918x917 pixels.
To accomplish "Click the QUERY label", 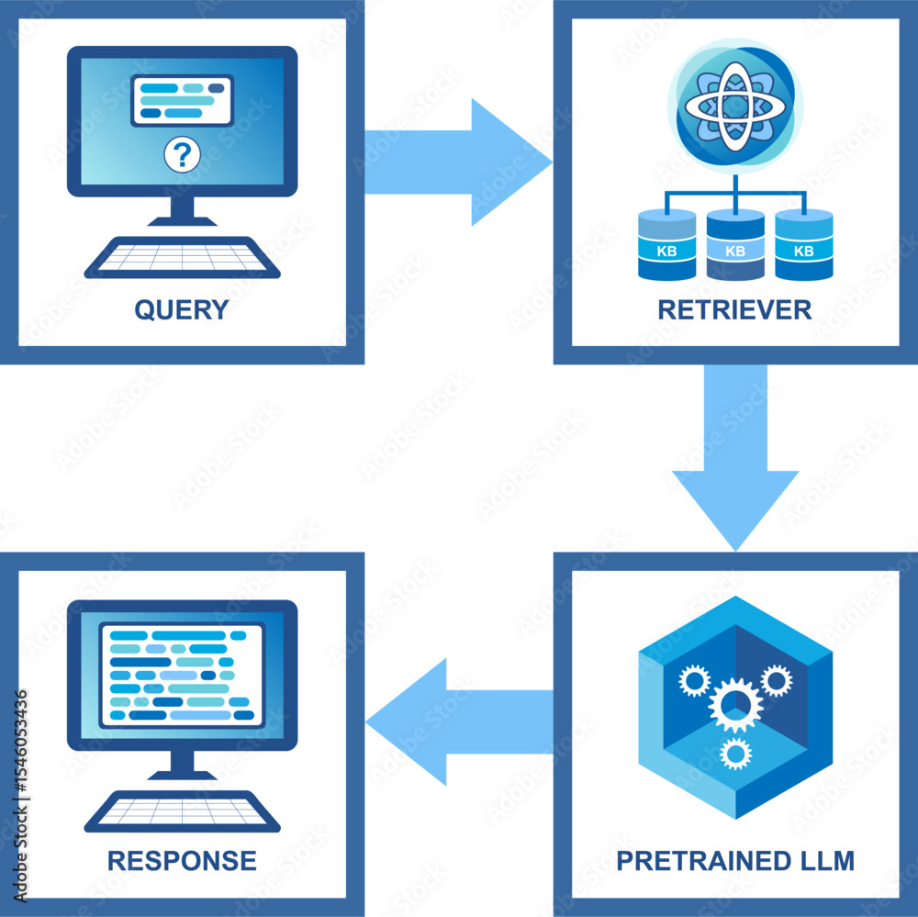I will click(182, 309).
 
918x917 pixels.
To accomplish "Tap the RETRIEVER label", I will click(734, 309).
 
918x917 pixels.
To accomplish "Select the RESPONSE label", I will click(182, 860).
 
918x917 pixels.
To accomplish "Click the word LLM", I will click(824, 861).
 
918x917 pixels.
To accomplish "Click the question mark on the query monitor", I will click(182, 155).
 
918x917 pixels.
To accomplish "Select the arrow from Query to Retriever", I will click(459, 162).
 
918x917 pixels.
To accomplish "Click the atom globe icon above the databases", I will click(734, 106).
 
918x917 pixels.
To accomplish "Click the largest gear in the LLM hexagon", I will click(735, 704).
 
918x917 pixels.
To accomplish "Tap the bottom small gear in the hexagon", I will click(735, 754).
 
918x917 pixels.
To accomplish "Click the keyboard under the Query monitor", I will click(182, 258).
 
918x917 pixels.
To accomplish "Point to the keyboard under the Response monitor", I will click(182, 811).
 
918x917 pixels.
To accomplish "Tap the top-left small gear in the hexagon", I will click(694, 680).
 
